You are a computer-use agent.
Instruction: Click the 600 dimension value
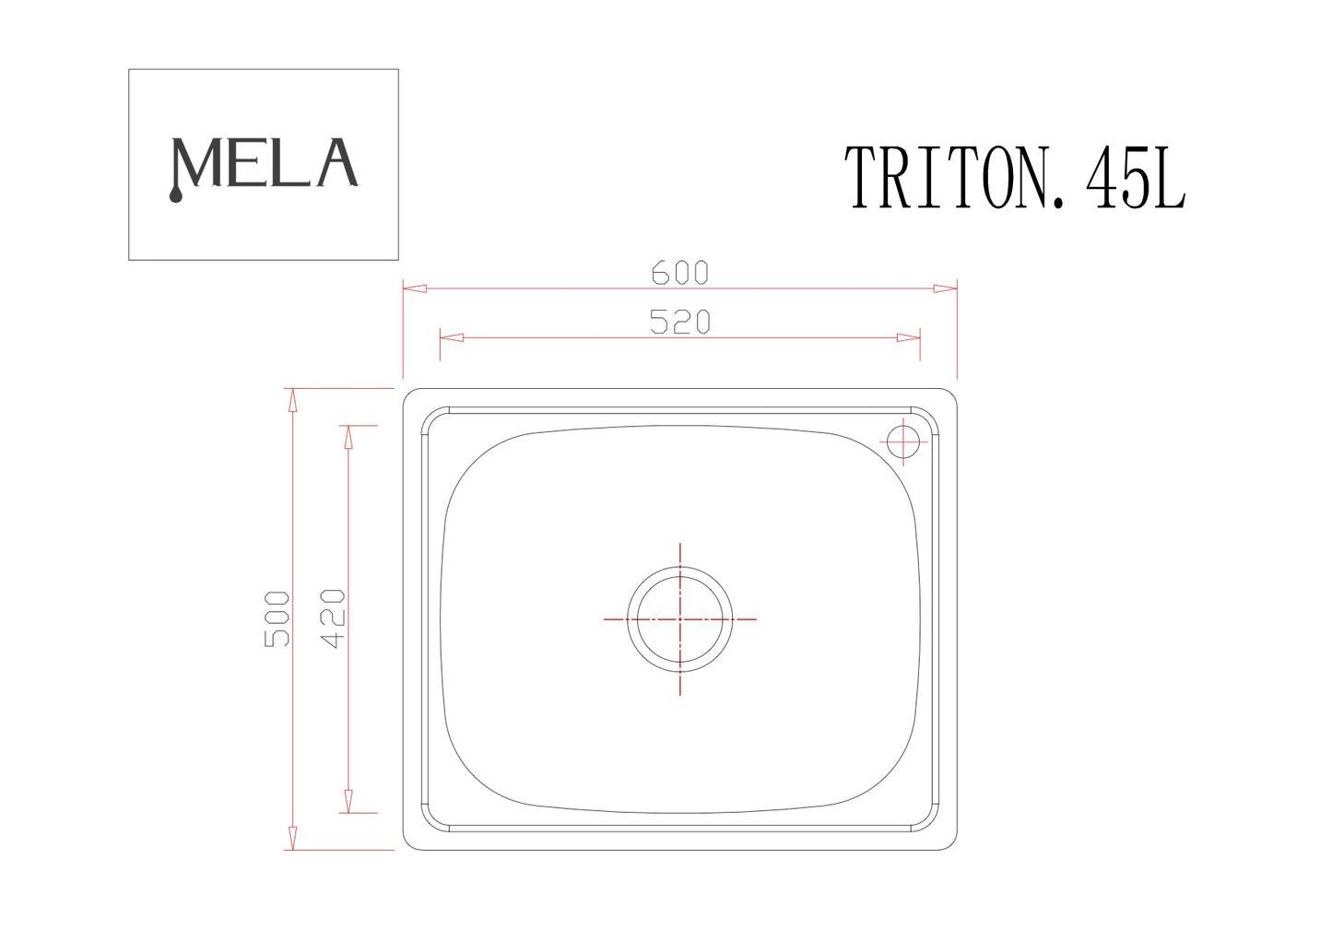(x=679, y=273)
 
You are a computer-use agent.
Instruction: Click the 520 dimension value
(x=679, y=322)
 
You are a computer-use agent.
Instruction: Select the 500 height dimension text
(x=277, y=618)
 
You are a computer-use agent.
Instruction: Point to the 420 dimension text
(x=333, y=618)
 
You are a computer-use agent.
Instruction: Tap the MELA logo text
(x=264, y=165)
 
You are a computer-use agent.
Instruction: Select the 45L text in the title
(x=1135, y=179)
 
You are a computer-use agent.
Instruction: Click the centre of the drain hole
(x=680, y=619)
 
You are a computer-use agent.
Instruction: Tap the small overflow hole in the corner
(x=904, y=441)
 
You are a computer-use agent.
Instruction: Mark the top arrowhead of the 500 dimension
(x=292, y=400)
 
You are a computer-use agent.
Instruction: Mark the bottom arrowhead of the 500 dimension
(x=292, y=838)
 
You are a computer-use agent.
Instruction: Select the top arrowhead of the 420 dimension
(x=348, y=437)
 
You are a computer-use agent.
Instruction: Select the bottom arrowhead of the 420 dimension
(x=348, y=801)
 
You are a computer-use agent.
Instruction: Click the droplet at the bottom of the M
(x=176, y=195)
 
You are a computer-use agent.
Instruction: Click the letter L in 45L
(x=1166, y=179)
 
